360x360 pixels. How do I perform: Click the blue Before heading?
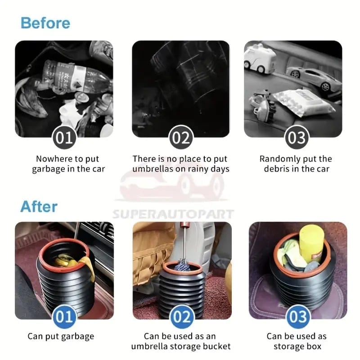(x=45, y=22)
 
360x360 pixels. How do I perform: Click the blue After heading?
(x=39, y=207)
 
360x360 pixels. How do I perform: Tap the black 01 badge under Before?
(x=64, y=137)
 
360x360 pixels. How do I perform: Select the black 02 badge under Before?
(x=181, y=137)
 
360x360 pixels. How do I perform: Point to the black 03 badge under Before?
(x=296, y=137)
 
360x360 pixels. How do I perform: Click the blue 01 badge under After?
(x=64, y=317)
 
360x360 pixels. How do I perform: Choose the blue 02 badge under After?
(x=181, y=317)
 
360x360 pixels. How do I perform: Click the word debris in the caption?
(x=276, y=169)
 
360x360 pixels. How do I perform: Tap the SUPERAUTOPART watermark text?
(x=173, y=214)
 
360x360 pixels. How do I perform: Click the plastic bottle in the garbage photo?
(x=76, y=74)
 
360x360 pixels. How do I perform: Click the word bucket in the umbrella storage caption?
(x=217, y=346)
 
